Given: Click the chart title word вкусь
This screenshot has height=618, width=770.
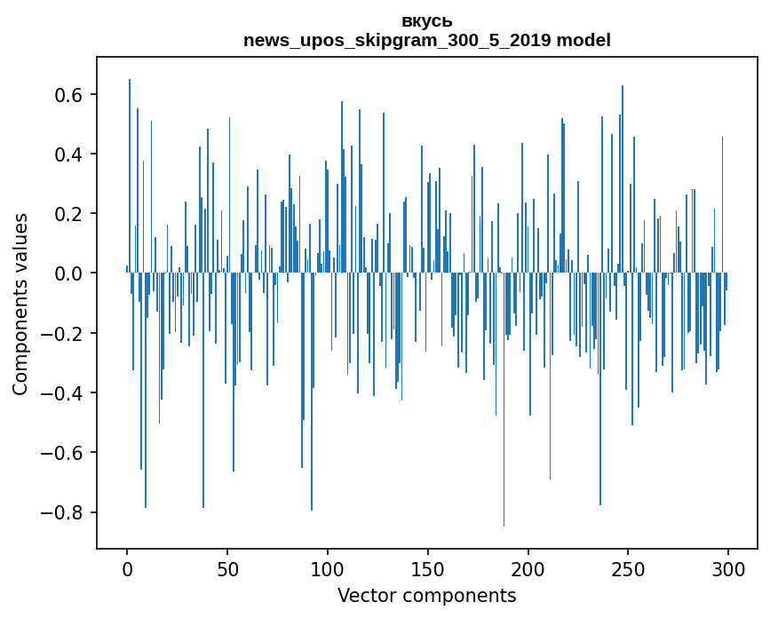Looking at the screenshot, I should coord(426,21).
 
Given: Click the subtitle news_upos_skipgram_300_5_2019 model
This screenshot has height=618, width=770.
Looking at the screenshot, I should coord(426,40).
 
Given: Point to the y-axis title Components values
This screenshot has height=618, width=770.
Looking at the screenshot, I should coord(20,304).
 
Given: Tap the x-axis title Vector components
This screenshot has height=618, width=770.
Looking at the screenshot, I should coord(426,595).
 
